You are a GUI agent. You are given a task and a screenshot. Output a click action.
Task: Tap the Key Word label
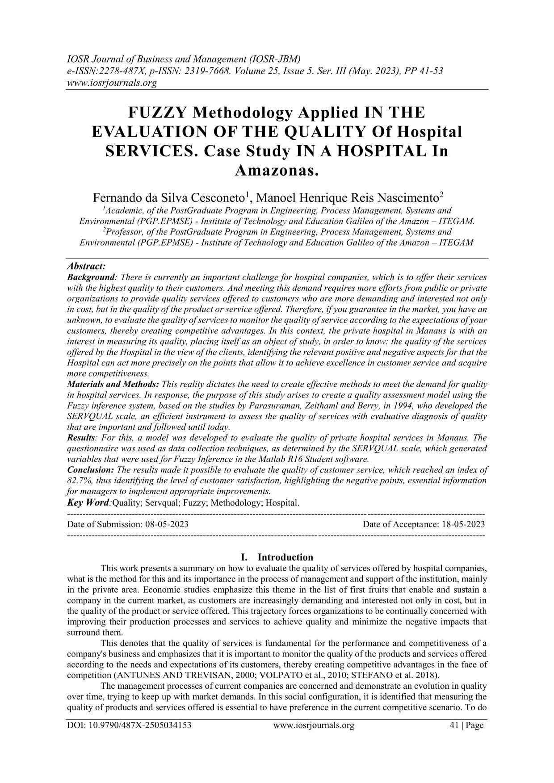click(x=88, y=502)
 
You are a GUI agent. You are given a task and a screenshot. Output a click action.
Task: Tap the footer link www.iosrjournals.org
click(x=313, y=725)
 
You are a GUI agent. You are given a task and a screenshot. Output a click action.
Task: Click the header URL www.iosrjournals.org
click(x=111, y=84)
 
